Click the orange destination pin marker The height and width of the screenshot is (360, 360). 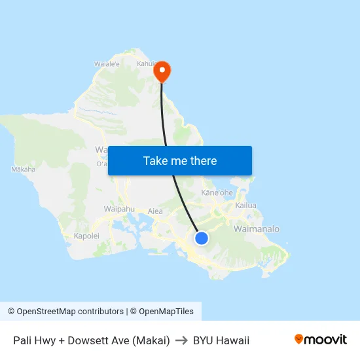(161, 71)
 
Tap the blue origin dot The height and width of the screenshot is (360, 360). (202, 238)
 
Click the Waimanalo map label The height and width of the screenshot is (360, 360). (257, 229)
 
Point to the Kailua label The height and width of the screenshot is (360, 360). (246, 206)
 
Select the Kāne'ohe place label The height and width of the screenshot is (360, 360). (217, 193)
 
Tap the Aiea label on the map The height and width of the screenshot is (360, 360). (155, 211)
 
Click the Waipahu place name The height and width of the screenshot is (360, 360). (119, 209)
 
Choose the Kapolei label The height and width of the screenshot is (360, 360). (86, 236)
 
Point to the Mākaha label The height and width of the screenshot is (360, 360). (23, 170)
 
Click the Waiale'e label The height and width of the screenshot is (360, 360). (107, 64)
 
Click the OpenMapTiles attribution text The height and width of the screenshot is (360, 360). (165, 312)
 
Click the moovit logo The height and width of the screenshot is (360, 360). (321, 339)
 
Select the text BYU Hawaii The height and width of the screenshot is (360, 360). (221, 340)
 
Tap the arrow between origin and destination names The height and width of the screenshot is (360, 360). (181, 340)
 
